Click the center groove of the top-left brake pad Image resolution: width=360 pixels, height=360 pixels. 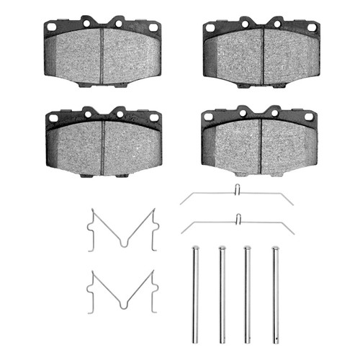pos(102,55)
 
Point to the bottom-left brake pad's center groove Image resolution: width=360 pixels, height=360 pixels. pos(104,148)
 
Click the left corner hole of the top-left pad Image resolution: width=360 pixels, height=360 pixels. pos(51,27)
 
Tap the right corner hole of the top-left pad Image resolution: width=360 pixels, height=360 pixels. pos(153,27)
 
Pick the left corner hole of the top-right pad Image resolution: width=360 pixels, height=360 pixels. pos(210,28)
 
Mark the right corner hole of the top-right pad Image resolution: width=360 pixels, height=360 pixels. pos(312,27)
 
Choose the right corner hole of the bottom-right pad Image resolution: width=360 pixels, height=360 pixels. pos(309,116)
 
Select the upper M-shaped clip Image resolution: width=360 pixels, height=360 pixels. pos(122,230)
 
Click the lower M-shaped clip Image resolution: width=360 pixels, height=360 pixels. pos(122,291)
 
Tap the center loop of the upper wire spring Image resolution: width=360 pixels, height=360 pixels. pos(238,190)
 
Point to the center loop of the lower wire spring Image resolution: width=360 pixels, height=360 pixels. pos(238,218)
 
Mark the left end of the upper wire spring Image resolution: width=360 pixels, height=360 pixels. pos(182,204)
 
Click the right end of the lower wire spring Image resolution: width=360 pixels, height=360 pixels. pos(293,233)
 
